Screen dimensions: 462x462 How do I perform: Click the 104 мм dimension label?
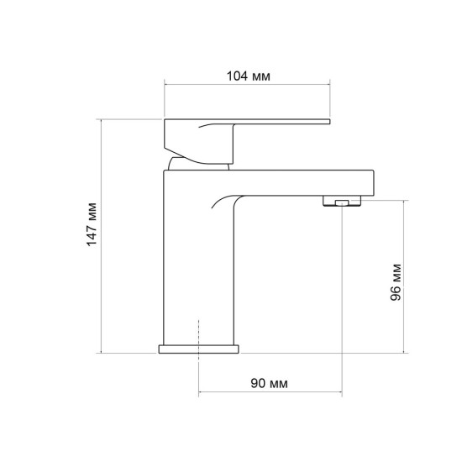click(x=248, y=76)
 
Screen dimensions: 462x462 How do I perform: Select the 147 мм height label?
click(x=92, y=224)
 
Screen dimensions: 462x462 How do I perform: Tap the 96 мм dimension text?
click(x=396, y=282)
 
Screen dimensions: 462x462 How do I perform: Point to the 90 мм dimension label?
click(x=269, y=383)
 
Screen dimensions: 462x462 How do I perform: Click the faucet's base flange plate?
click(x=199, y=349)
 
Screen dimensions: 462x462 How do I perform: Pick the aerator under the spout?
click(x=342, y=201)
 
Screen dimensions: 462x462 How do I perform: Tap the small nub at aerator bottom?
click(x=342, y=202)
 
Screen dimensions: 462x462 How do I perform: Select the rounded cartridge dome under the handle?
click(x=198, y=164)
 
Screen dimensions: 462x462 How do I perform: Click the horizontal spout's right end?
click(x=373, y=182)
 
